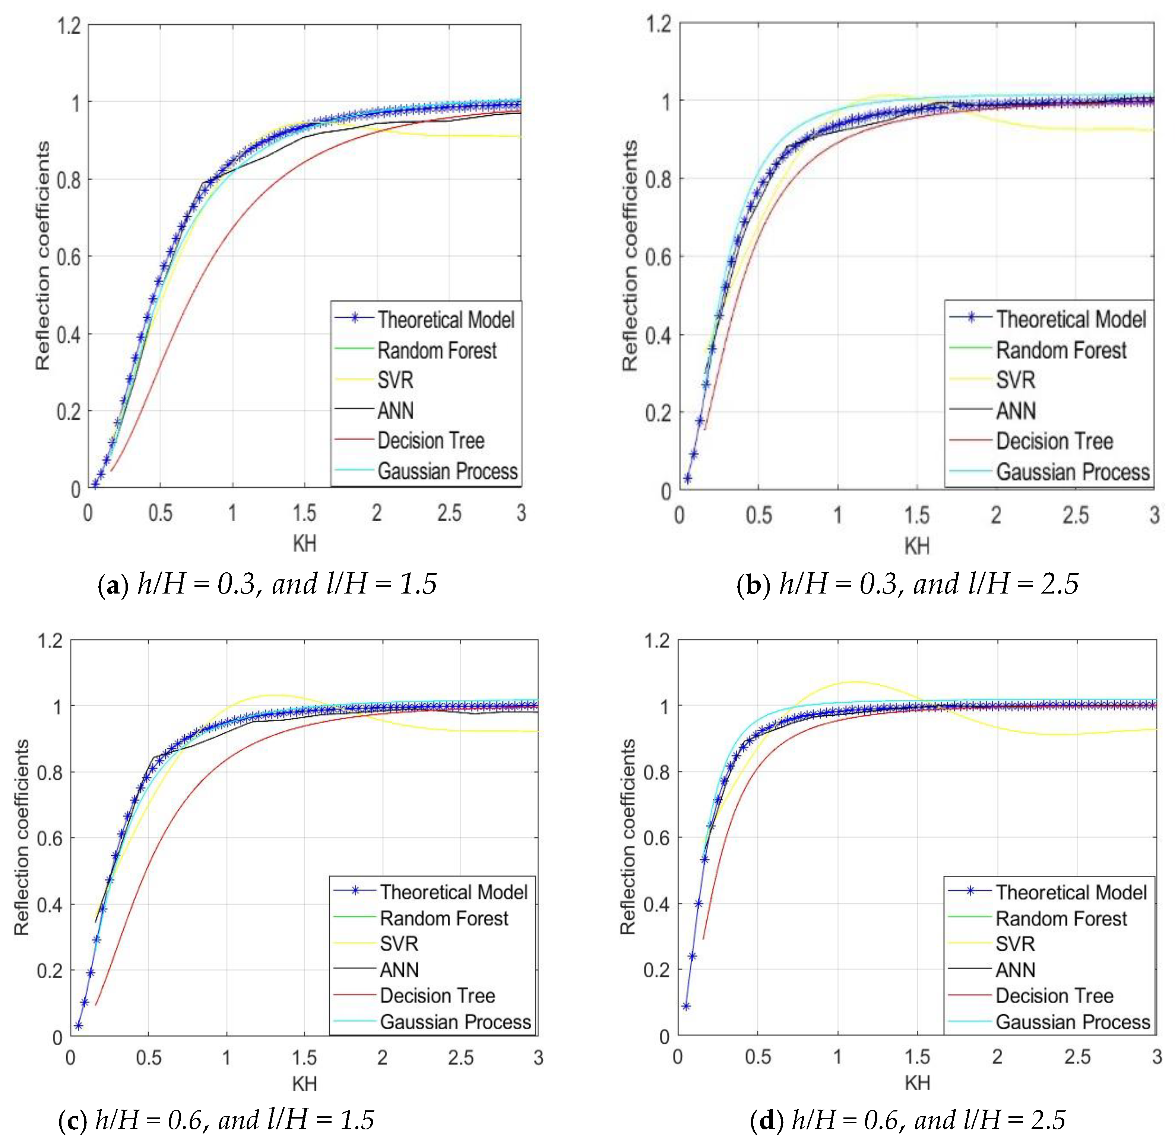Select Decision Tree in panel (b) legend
click(x=1054, y=441)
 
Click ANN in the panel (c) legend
click(x=399, y=969)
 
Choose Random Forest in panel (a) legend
click(x=437, y=350)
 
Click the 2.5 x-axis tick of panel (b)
click(x=1075, y=515)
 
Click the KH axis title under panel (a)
click(x=304, y=544)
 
